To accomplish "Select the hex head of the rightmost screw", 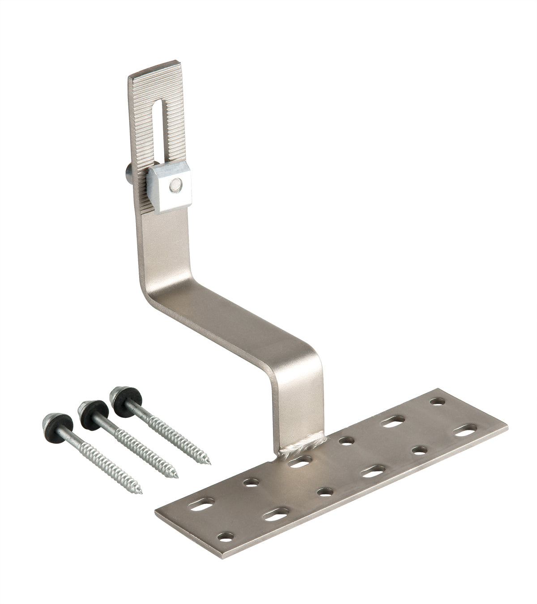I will point(118,394).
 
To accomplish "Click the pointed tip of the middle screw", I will point(176,476).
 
